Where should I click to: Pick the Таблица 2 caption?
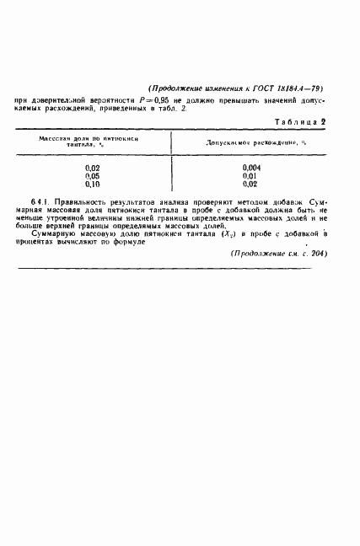[299, 123]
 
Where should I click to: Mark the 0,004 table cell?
[250, 169]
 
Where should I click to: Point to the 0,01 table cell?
[250, 176]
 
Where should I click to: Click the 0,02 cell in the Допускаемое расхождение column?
[250, 184]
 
